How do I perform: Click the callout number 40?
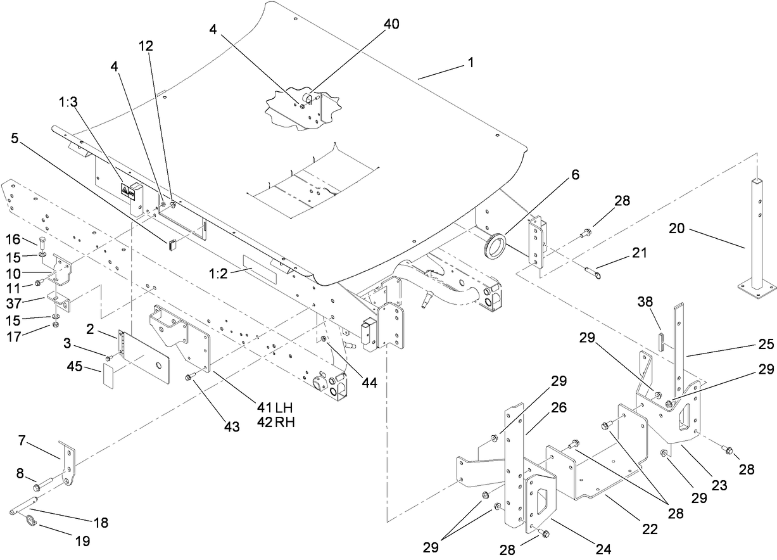(x=391, y=23)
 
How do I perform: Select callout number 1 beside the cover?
(x=471, y=63)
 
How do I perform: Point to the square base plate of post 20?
(x=757, y=290)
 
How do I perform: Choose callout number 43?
(x=232, y=427)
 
